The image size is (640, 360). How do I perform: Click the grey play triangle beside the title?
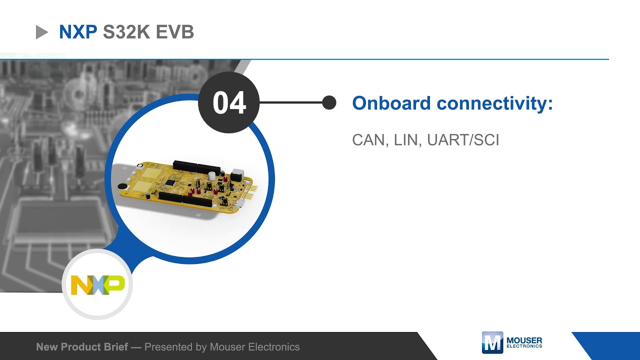(41, 32)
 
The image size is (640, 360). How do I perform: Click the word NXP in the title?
(78, 32)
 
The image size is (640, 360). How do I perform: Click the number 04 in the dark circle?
(229, 102)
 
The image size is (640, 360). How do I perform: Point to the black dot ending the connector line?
(329, 102)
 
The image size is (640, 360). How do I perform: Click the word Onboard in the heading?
(391, 103)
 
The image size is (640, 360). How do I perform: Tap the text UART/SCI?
(463, 140)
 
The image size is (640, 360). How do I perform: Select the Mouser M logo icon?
(492, 342)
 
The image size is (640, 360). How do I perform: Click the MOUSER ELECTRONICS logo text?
(524, 343)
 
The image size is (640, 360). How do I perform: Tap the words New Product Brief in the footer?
(82, 346)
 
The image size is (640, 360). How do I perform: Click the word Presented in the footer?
(169, 346)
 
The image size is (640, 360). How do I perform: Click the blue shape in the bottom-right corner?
(610, 345)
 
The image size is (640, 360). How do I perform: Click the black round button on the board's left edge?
(121, 187)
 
